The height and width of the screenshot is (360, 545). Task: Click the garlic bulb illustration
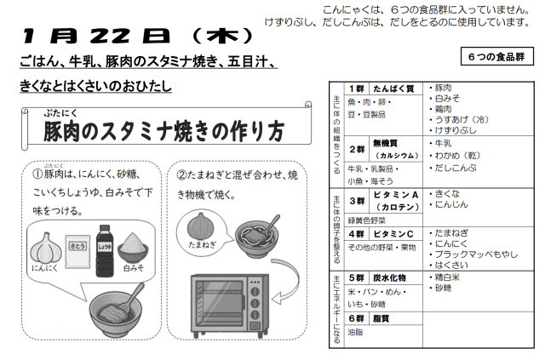tap(45, 248)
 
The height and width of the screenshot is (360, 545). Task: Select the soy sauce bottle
tap(104, 250)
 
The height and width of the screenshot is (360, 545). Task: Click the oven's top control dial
tap(255, 291)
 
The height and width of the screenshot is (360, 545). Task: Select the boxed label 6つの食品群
tap(496, 56)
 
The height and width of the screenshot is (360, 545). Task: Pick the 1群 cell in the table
tap(356, 89)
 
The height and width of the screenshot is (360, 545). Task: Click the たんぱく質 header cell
tap(395, 89)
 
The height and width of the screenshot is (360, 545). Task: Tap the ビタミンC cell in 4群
tap(395, 234)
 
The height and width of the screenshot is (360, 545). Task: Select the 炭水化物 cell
tap(395, 277)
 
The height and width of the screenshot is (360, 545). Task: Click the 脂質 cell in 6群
tap(395, 318)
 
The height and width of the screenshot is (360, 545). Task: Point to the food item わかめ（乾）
tap(455, 156)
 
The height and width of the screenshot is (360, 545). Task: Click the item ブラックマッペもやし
tap(473, 254)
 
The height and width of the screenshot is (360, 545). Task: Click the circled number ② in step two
tap(181, 174)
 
